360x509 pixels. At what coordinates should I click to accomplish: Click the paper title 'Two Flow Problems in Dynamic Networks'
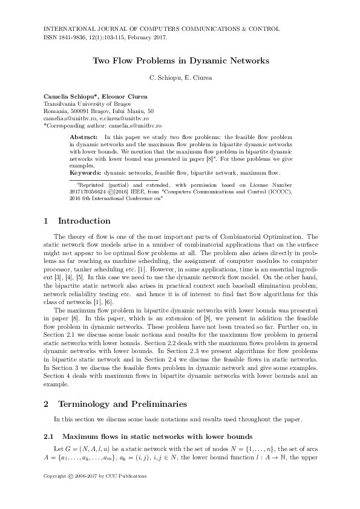180,61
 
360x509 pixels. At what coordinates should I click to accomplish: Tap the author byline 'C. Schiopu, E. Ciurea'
180,77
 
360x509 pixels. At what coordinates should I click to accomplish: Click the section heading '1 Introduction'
77,221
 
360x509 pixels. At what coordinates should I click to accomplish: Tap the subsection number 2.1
50,436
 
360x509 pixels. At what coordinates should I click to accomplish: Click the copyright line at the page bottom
96,476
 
